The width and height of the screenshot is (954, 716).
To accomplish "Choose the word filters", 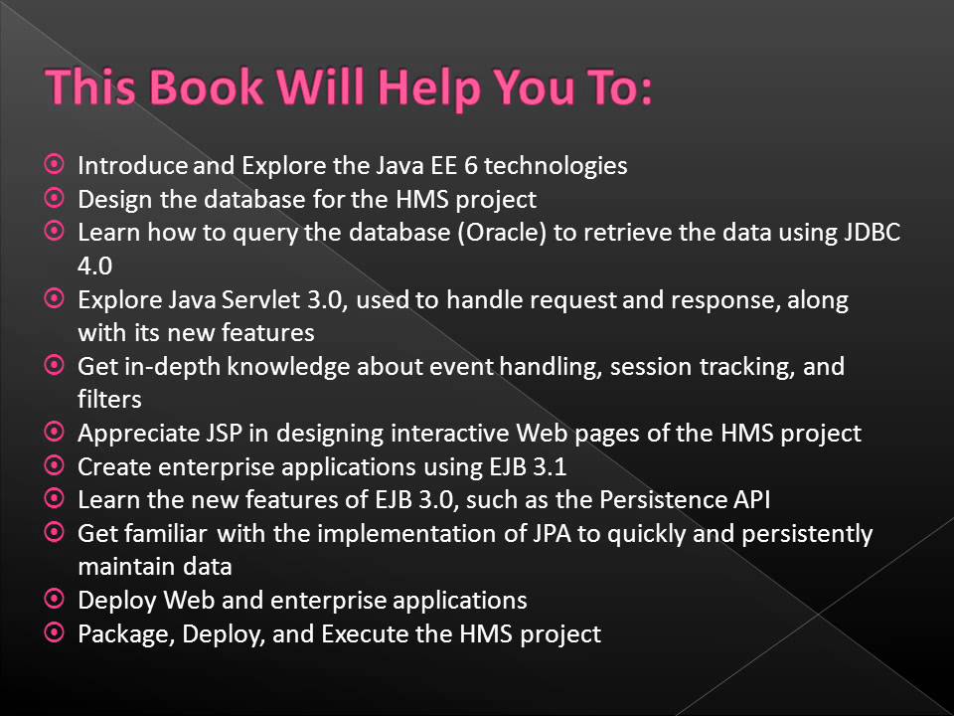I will coord(109,400).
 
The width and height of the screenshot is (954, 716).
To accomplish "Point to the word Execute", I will coord(362,633).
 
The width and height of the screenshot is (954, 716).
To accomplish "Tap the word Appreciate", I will coord(139,434).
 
